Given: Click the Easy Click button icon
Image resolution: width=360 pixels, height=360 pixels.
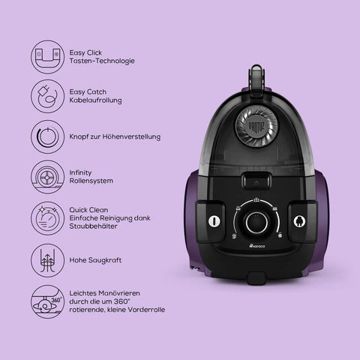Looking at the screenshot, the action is click(47, 57).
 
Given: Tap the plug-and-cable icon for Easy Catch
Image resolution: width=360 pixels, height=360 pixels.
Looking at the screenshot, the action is click(47, 96).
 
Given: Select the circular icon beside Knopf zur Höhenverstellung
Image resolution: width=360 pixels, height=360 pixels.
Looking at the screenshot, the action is click(47, 136).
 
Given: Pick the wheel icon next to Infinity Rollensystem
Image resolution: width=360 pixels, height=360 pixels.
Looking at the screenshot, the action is click(47, 177).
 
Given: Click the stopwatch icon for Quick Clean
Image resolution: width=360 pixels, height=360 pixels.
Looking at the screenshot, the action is click(47, 218).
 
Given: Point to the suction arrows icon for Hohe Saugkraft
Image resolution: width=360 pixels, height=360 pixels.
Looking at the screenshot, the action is click(47, 260).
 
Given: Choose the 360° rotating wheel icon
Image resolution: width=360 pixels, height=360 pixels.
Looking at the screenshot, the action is click(47, 301).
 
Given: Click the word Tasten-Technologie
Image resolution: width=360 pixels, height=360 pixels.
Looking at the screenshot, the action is click(102, 61).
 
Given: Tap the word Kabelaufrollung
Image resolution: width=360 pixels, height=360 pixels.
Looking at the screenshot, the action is click(95, 100).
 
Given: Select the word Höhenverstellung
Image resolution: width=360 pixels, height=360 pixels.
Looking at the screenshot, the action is click(131, 136).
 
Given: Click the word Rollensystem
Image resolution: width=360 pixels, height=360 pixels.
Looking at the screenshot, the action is click(91, 181).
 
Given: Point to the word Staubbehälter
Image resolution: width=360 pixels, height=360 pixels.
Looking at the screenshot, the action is click(93, 226).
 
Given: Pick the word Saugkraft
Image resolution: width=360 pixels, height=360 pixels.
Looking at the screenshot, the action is click(105, 260).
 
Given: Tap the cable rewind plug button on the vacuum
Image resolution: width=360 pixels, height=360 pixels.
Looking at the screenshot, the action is click(299, 221).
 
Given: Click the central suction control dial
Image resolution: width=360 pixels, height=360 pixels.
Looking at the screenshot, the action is click(256, 223).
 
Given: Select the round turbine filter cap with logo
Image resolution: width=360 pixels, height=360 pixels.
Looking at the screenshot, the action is click(256, 126).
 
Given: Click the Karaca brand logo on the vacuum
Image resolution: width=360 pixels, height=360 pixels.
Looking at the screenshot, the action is click(257, 246).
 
